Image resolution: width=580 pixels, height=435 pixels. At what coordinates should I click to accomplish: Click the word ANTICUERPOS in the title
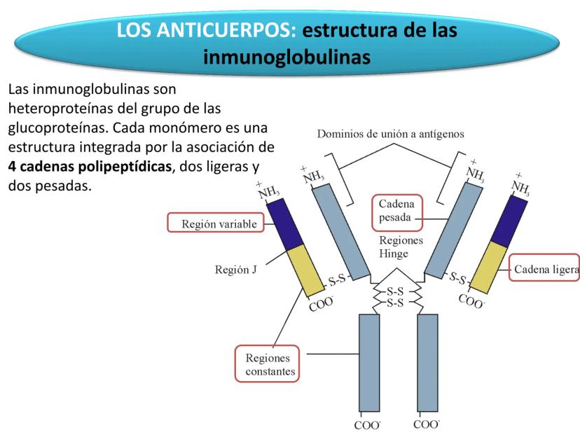pyautogui.click(x=233, y=32)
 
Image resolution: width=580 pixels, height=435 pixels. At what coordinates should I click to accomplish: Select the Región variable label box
pyautogui.click(x=208, y=225)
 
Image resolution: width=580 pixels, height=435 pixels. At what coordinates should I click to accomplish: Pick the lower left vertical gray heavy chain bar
pyautogui.click(x=370, y=364)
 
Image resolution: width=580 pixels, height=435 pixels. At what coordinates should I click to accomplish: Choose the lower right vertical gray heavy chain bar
pyautogui.click(x=427, y=364)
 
